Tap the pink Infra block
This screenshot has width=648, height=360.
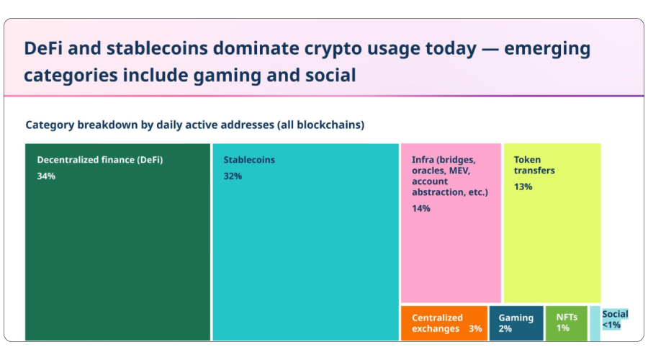[450, 252]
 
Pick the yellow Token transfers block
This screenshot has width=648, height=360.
[552, 245]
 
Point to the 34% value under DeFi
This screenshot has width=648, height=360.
[46, 176]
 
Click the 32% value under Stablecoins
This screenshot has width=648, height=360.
[233, 176]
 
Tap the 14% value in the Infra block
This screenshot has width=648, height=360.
[421, 209]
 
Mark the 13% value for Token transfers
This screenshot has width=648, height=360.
[523, 187]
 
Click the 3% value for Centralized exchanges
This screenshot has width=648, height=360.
[475, 329]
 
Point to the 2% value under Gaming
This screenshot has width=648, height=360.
[505, 329]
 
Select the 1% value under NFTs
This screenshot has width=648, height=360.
[562, 328]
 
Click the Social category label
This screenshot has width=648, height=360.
[615, 314]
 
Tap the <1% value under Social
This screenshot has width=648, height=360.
[611, 325]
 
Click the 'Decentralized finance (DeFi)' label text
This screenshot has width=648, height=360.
[100, 160]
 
